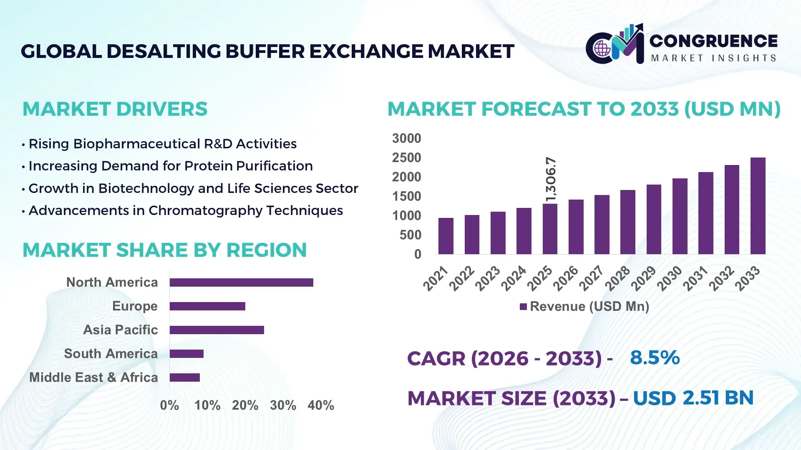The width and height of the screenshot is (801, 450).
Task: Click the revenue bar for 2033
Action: pyautogui.click(x=758, y=206)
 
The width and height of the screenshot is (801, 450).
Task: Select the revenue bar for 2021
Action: pyautogui.click(x=446, y=236)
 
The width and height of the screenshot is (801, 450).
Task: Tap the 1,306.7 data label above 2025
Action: pyautogui.click(x=551, y=179)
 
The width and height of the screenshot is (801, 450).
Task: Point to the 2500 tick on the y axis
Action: pyautogui.click(x=406, y=158)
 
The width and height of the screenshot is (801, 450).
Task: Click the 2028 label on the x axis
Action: pyautogui.click(x=617, y=278)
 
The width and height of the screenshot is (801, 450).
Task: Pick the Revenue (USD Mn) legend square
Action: pyautogui.click(x=523, y=307)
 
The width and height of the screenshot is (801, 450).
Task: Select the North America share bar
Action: pyautogui.click(x=241, y=282)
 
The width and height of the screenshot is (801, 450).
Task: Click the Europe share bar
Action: pyautogui.click(x=207, y=306)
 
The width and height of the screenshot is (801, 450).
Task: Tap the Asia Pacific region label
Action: pyautogui.click(x=120, y=330)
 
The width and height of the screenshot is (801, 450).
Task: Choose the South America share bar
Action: pyautogui.click(x=186, y=354)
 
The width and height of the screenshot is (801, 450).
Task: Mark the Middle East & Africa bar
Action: pyautogui.click(x=184, y=377)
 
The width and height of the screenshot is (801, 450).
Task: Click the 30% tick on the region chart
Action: pyautogui.click(x=283, y=405)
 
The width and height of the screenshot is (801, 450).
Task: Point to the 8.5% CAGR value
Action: pyautogui.click(x=655, y=357)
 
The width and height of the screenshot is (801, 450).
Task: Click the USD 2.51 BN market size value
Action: pyautogui.click(x=693, y=398)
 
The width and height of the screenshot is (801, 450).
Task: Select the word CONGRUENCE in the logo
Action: pyautogui.click(x=713, y=41)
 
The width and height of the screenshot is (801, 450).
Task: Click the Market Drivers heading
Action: pyautogui.click(x=115, y=109)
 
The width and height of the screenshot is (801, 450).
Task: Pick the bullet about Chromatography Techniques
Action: pyautogui.click(x=186, y=210)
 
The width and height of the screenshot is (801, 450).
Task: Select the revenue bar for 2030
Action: pyautogui.click(x=680, y=216)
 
